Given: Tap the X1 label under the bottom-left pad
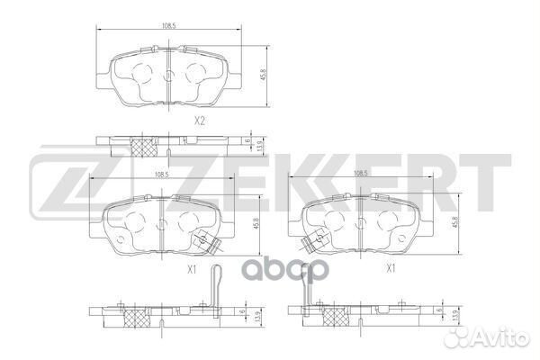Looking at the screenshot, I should click(x=193, y=268).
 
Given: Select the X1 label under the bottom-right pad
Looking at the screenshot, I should click(x=390, y=268).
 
